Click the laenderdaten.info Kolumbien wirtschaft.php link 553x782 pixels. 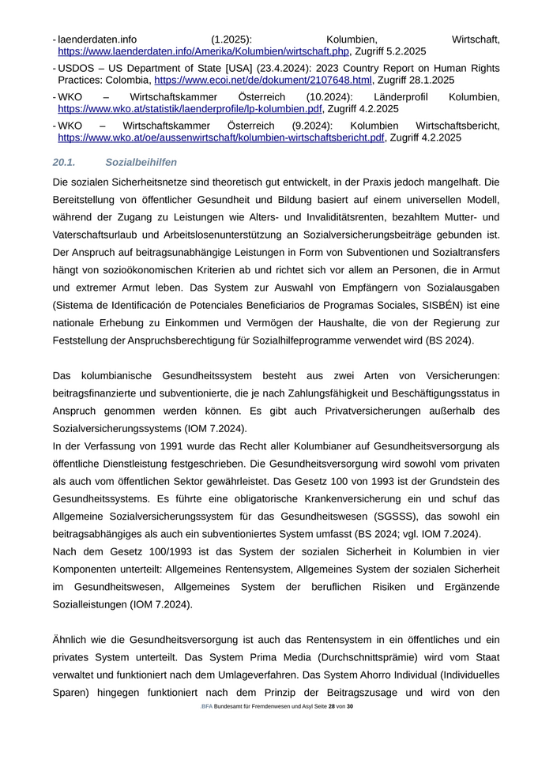tap(203, 51)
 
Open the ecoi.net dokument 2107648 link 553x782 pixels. tap(262, 80)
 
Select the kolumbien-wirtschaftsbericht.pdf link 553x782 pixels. tap(221, 137)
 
